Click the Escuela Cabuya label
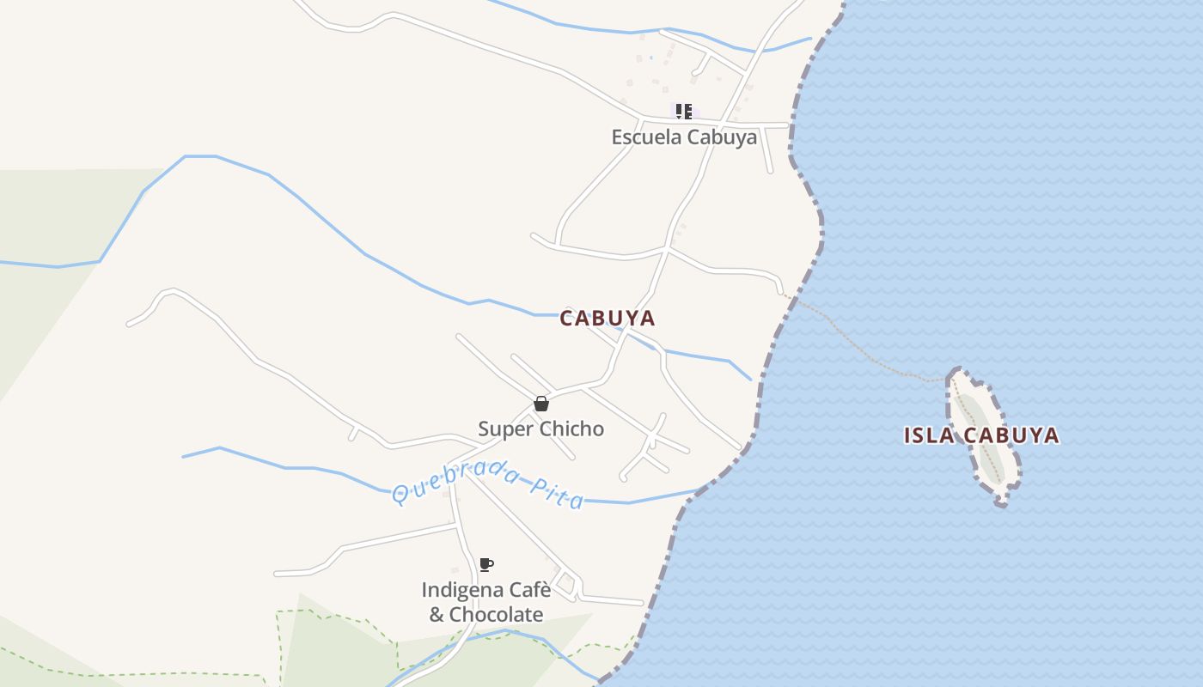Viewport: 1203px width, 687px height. click(x=684, y=137)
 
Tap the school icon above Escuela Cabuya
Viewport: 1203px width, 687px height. click(x=684, y=111)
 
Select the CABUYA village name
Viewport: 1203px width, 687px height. click(x=607, y=319)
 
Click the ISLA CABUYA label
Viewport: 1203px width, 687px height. click(x=980, y=435)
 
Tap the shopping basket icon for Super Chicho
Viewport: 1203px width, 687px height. click(x=541, y=404)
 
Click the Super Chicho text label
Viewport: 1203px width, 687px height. click(x=540, y=429)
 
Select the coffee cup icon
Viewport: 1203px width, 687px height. click(x=485, y=564)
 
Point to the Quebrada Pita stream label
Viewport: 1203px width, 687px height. click(x=488, y=486)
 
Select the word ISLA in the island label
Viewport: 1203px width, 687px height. click(x=929, y=435)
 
